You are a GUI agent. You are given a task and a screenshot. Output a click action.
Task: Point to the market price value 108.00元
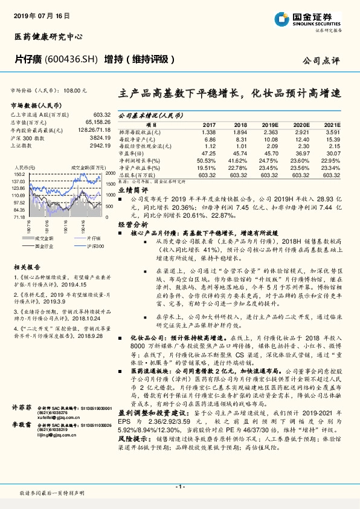[76, 89]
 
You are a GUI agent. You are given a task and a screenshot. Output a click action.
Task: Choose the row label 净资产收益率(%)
[140, 169]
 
